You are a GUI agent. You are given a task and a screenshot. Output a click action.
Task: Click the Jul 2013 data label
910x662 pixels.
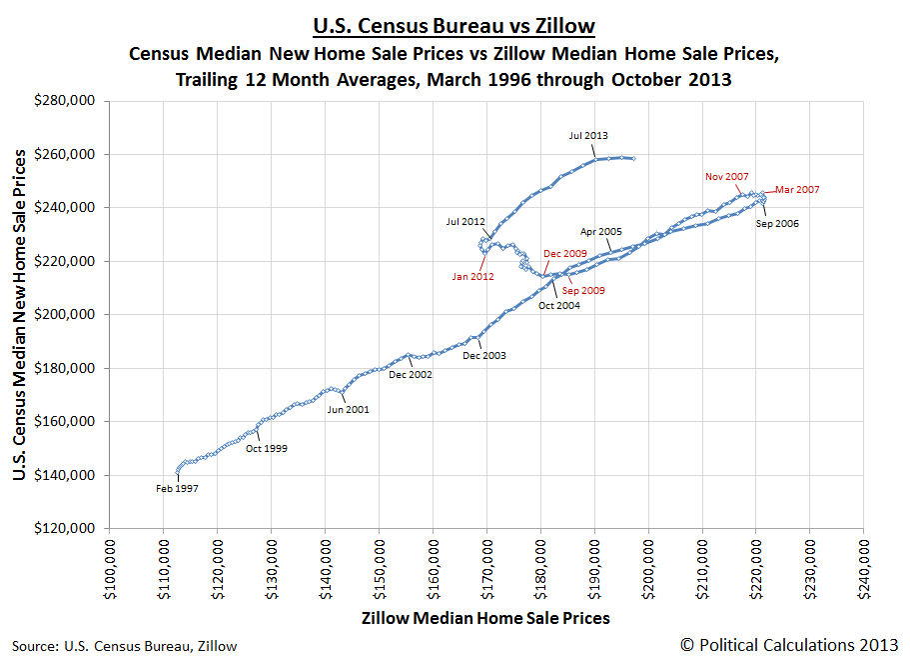click(588, 135)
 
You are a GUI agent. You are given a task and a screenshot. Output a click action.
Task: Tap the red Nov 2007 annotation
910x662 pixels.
click(726, 176)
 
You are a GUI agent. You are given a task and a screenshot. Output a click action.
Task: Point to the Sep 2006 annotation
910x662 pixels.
click(776, 224)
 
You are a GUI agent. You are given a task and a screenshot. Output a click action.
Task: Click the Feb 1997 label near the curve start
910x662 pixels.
click(177, 488)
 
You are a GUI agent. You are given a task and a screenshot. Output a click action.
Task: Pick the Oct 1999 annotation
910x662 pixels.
click(267, 449)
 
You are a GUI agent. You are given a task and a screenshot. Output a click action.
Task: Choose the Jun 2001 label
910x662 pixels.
click(348, 409)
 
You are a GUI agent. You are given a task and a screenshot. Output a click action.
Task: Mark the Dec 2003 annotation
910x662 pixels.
click(484, 355)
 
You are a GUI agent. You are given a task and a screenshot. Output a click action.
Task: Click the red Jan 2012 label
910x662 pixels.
click(473, 276)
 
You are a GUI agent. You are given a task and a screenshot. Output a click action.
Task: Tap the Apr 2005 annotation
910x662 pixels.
click(601, 231)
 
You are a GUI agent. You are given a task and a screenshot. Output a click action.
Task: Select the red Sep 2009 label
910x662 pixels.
click(583, 290)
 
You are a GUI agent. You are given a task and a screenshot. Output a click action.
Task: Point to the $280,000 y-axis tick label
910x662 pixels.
click(66, 101)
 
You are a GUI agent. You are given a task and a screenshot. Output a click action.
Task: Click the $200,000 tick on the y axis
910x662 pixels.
click(66, 315)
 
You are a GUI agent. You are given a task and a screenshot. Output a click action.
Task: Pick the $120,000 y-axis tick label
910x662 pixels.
click(66, 528)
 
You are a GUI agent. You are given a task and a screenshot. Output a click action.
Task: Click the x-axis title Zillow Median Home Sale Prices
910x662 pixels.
click(485, 618)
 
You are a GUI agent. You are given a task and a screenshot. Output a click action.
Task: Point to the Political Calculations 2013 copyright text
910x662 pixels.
click(789, 644)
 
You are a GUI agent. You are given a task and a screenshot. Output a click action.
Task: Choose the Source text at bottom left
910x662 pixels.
click(125, 646)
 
